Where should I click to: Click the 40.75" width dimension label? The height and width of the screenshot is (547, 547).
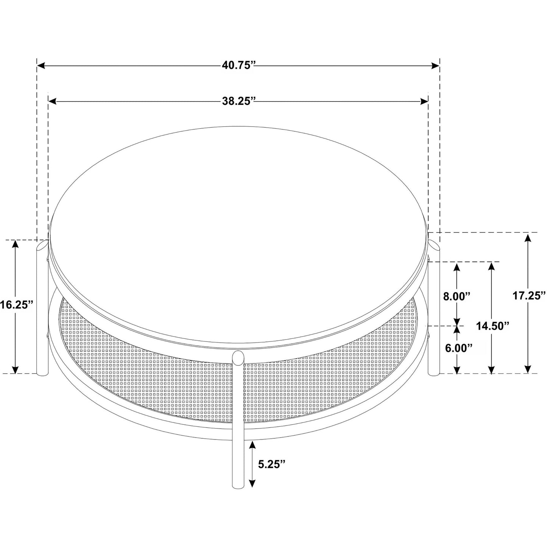pos(239,65)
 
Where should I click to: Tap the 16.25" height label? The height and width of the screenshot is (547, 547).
pos(17,305)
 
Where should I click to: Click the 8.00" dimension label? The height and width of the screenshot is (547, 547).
pos(457,297)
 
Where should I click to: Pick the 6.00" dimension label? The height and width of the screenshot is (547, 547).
pos(458,348)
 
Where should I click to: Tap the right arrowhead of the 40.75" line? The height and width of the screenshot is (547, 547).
pos(435,66)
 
